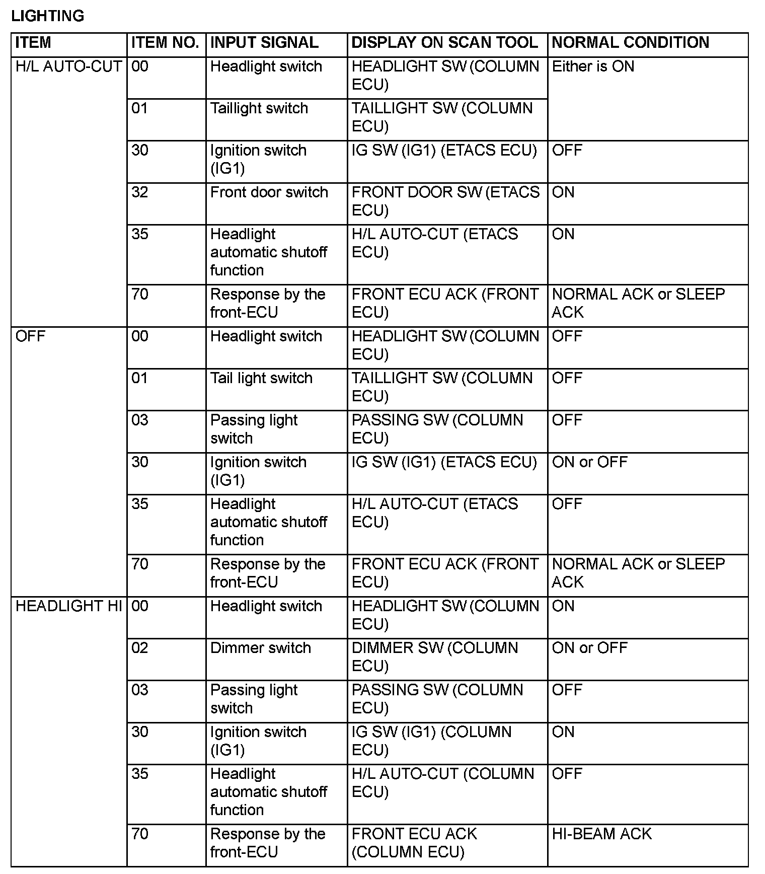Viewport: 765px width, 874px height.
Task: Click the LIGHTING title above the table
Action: pyautogui.click(x=48, y=16)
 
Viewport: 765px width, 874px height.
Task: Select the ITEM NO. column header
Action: pyautogui.click(x=165, y=43)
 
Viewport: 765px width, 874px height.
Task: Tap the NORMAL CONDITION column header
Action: pyautogui.click(x=630, y=43)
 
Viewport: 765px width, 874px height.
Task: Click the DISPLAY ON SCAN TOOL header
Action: pyautogui.click(x=444, y=43)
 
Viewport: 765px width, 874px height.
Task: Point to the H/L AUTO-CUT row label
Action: pyautogui.click(x=68, y=66)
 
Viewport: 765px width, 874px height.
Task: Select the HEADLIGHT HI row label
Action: pyautogui.click(x=68, y=606)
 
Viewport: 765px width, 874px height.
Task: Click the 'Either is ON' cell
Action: pyautogui.click(x=593, y=66)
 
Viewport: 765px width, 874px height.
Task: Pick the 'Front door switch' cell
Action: pyautogui.click(x=269, y=192)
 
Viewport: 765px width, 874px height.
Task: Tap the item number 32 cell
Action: pyautogui.click(x=140, y=192)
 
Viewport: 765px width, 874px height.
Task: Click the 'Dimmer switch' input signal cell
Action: pyautogui.click(x=260, y=648)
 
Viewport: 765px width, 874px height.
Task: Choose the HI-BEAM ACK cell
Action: pyautogui.click(x=601, y=834)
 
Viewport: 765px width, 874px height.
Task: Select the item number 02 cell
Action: pyautogui.click(x=140, y=648)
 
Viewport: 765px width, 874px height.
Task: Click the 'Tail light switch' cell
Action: pyautogui.click(x=261, y=378)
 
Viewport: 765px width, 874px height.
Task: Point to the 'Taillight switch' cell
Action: pyautogui.click(x=259, y=108)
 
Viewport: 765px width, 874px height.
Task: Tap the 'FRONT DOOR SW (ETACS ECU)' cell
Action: pyautogui.click(x=445, y=201)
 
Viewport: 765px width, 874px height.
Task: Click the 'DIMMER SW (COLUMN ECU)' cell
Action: pyautogui.click(x=434, y=657)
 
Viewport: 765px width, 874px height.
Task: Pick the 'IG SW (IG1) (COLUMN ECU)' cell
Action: pyautogui.click(x=431, y=741)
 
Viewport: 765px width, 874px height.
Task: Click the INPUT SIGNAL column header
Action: pyautogui.click(x=264, y=43)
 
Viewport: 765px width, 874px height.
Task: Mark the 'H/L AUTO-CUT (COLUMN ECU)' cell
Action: pyautogui.click(x=442, y=782)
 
